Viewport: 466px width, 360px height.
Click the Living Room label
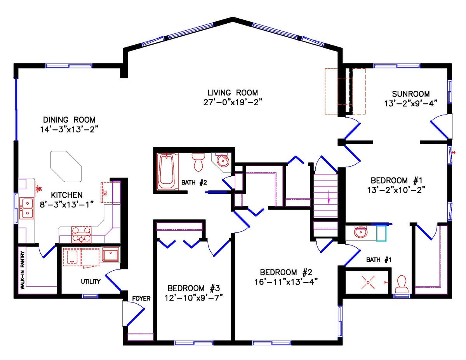(233, 93)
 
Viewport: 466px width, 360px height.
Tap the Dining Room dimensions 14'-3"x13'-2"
(69, 129)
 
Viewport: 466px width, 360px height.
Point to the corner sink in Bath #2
(222, 160)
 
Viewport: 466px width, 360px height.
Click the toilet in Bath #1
(401, 284)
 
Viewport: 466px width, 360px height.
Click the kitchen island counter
(66, 167)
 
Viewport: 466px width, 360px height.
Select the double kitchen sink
(27, 208)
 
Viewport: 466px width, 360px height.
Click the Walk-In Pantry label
(23, 269)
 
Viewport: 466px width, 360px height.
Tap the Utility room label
(91, 281)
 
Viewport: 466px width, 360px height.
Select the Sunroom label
(410, 94)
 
